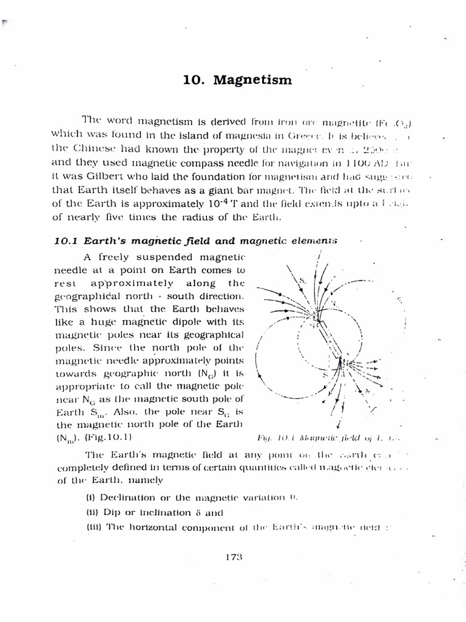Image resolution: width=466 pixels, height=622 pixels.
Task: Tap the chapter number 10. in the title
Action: click(x=194, y=80)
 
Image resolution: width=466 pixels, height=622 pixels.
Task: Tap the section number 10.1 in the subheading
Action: click(x=64, y=240)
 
